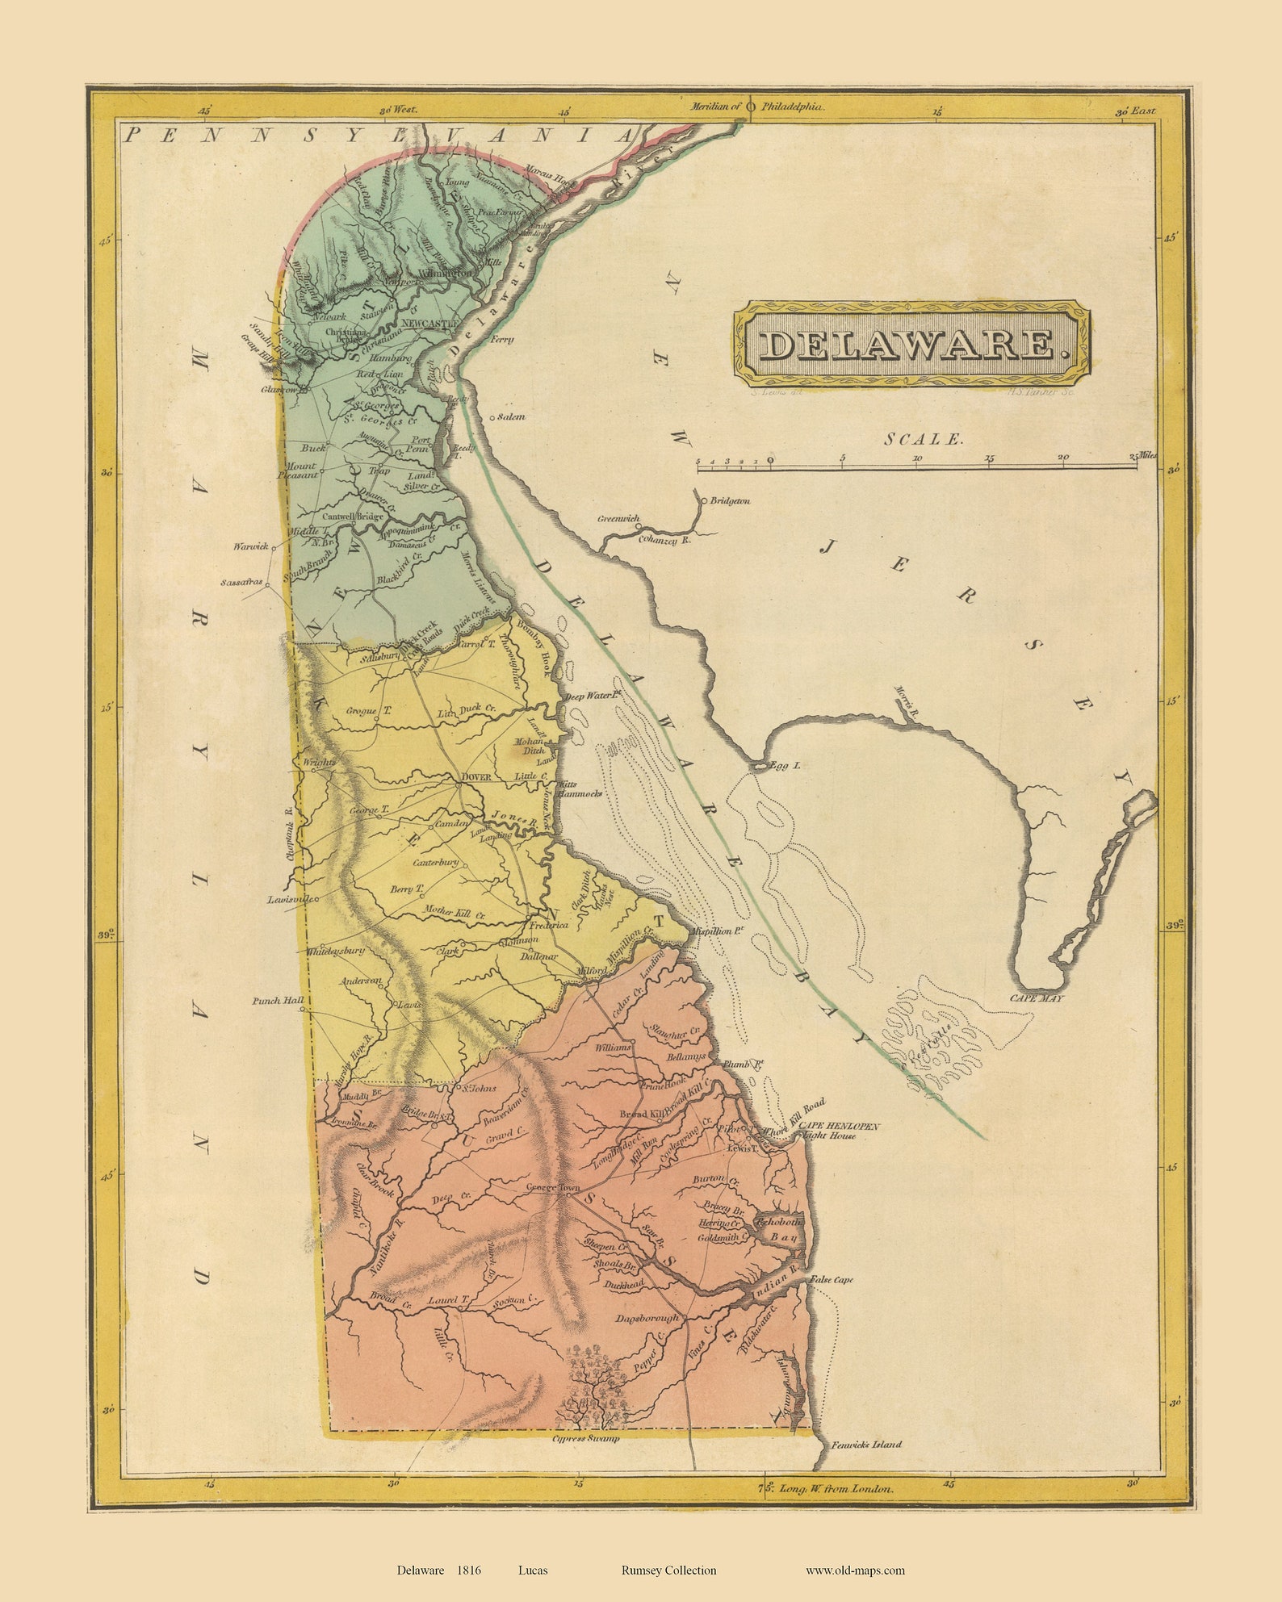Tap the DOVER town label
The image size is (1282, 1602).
point(476,778)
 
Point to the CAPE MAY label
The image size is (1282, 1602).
point(1037,998)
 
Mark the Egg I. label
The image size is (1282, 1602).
point(785,764)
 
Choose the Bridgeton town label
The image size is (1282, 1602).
point(730,500)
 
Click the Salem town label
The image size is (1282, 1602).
point(511,417)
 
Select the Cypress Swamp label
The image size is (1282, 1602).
point(585,1438)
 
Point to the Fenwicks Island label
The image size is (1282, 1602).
point(867,1445)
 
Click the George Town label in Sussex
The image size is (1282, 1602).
point(553,1188)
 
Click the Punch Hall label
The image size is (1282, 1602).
point(278,1000)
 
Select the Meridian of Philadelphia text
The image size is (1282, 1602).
point(756,106)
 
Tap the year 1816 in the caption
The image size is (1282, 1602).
point(469,1570)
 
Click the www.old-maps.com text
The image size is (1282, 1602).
point(855,1570)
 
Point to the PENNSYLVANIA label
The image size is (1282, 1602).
point(378,136)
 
